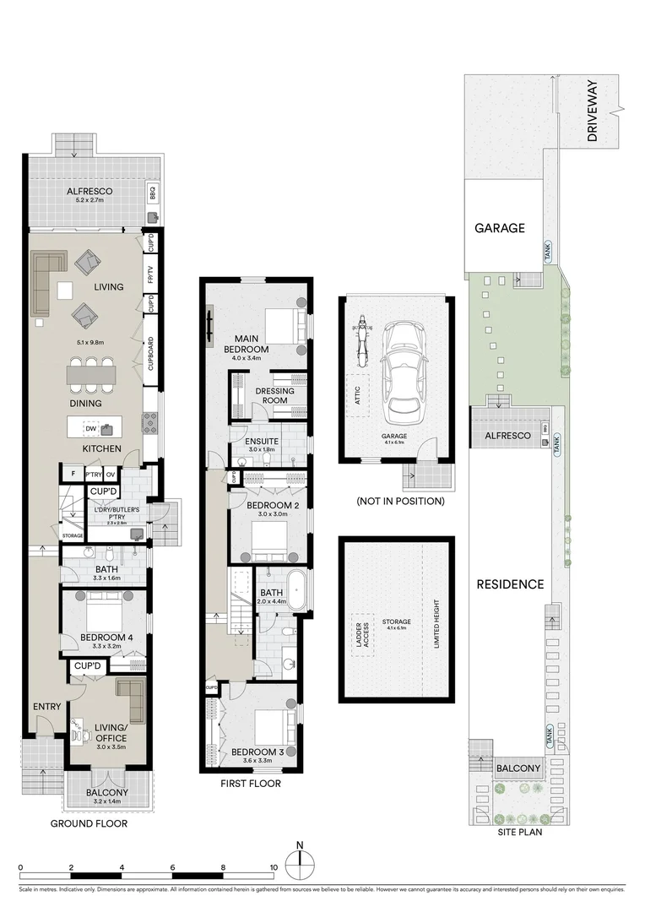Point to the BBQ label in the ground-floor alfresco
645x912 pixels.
(x=153, y=193)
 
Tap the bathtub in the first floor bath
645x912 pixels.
(x=299, y=588)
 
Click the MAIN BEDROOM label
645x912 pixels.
(x=247, y=344)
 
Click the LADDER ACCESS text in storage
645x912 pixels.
(x=364, y=632)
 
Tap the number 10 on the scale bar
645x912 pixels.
(x=274, y=867)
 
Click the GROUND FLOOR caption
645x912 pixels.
(x=89, y=823)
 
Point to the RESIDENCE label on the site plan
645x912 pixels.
(x=510, y=584)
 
